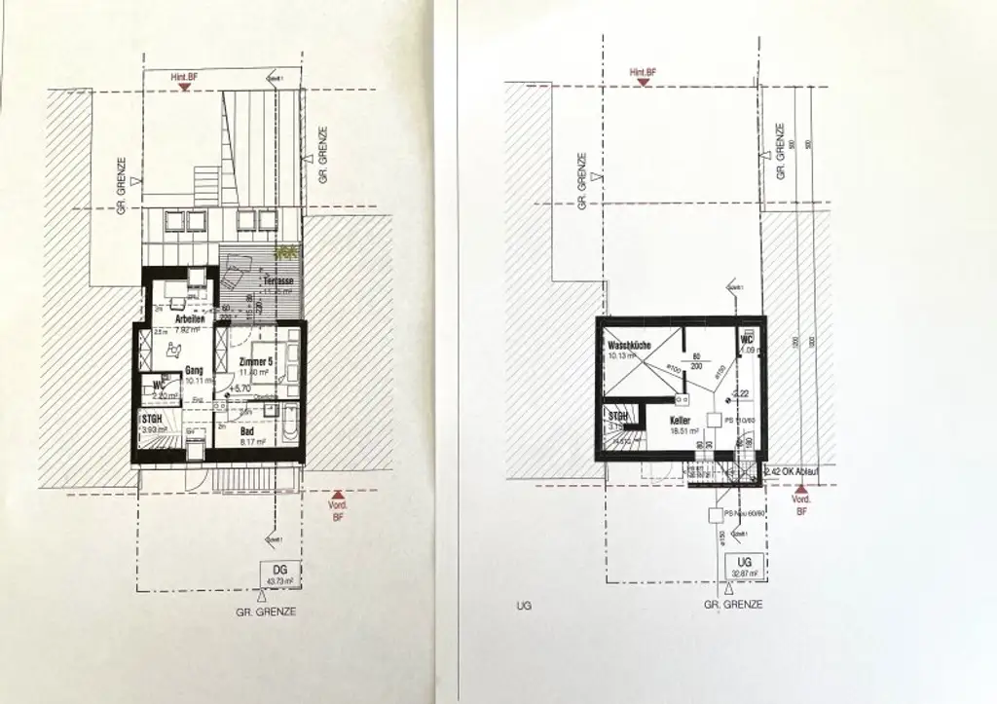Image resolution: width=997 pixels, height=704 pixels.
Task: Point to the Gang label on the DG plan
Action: click(193, 370)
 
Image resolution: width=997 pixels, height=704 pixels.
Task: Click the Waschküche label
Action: click(628, 347)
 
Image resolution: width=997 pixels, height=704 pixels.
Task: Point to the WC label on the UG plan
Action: click(748, 340)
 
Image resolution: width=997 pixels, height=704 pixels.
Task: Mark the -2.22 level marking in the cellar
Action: click(740, 393)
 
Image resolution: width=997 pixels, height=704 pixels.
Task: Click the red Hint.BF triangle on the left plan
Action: click(184, 87)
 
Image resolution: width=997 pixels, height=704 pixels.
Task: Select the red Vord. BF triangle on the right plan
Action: click(802, 490)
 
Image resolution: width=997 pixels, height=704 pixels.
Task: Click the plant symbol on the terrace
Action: click(285, 251)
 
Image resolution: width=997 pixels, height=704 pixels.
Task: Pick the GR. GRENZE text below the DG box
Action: click(266, 611)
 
